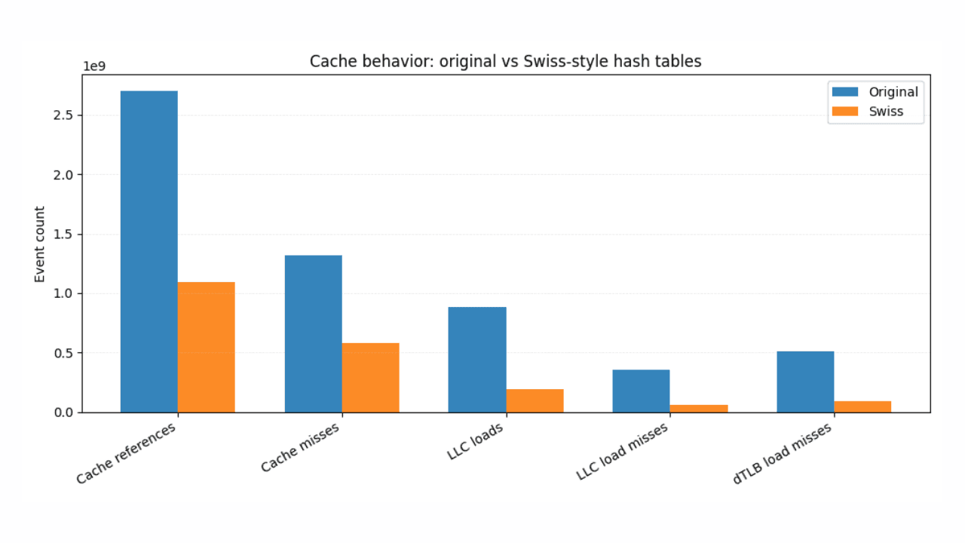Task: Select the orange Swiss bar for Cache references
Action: tap(206, 347)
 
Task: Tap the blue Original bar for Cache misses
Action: tap(313, 333)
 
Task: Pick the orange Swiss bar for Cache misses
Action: tap(370, 377)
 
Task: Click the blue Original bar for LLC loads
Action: tap(477, 359)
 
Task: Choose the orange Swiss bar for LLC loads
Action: tap(535, 400)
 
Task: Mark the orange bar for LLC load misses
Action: tap(699, 408)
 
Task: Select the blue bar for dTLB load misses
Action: tap(805, 382)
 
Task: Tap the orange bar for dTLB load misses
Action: tap(862, 406)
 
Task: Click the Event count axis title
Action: tap(40, 244)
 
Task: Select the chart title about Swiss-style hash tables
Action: tap(505, 62)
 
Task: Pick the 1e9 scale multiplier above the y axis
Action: tap(94, 66)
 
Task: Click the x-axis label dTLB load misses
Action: tap(784, 452)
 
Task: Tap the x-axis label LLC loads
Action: tap(476, 442)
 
